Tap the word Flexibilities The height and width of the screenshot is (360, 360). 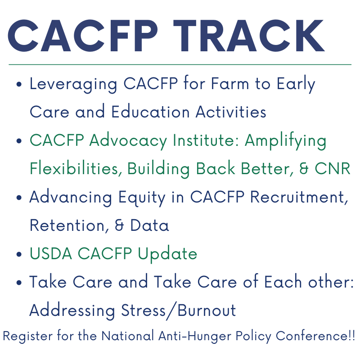(76, 169)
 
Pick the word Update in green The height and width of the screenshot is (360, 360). (167, 254)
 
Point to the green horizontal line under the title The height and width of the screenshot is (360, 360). (180, 65)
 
